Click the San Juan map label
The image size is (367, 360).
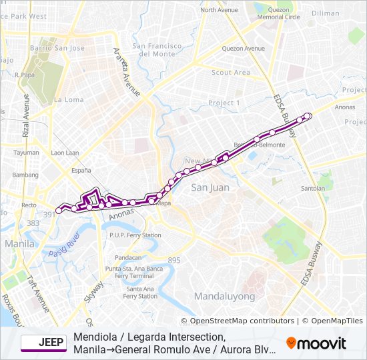click(x=210, y=187)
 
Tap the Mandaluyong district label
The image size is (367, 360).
click(x=225, y=295)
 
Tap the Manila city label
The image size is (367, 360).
click(x=19, y=244)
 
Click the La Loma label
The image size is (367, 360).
click(x=69, y=99)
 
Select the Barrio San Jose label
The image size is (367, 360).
click(x=57, y=48)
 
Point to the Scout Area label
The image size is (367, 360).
click(x=231, y=72)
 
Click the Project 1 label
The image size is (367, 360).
click(x=224, y=103)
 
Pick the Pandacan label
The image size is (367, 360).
click(x=128, y=257)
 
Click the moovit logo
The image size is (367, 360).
click(x=316, y=343)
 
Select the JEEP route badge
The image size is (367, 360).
click(x=44, y=343)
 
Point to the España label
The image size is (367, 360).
click(x=81, y=171)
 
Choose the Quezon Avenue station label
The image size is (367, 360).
click(x=244, y=48)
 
